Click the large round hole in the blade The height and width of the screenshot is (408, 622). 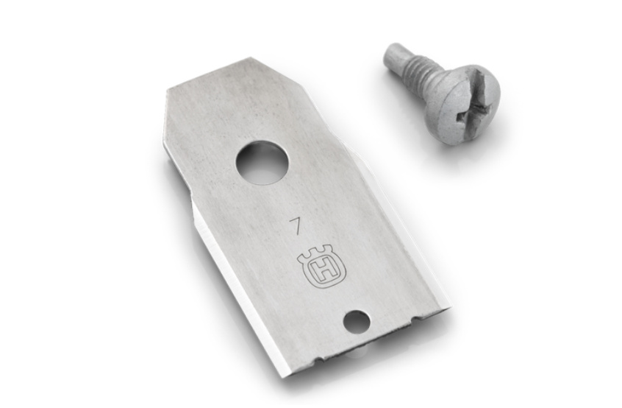click(x=262, y=162)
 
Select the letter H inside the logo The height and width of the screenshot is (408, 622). click(x=323, y=271)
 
